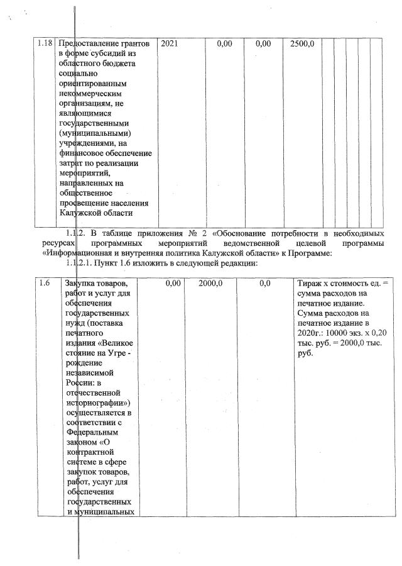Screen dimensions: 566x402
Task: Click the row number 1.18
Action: coord(45,44)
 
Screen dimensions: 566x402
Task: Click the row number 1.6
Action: coord(44,284)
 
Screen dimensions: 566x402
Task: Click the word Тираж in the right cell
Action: coord(311,284)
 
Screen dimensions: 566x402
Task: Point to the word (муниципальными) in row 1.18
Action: coord(94,133)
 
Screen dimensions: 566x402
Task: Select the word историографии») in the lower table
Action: coord(97,400)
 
